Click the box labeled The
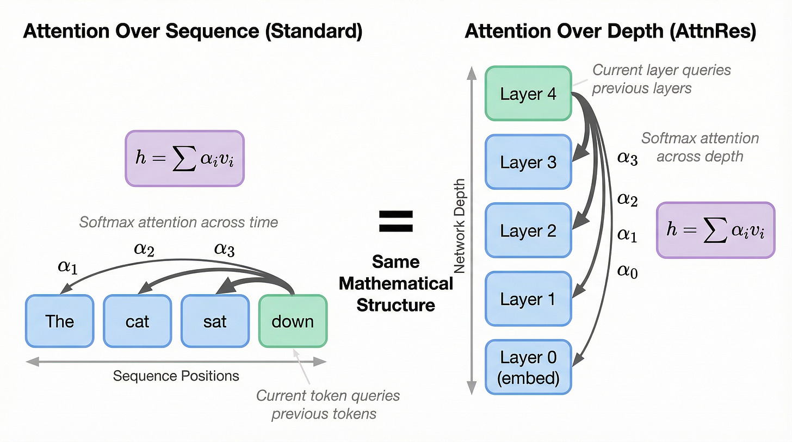pos(59,321)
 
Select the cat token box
pos(137,321)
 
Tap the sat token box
pos(215,321)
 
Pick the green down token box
pos(293,321)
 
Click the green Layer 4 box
pos(528,94)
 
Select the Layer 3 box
pos(528,162)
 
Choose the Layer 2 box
pos(528,231)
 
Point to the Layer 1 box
pos(528,299)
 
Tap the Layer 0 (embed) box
pos(528,368)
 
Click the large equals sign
pos(396,222)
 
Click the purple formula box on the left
pos(185,158)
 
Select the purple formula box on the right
pos(715,230)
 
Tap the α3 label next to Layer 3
pos(627,158)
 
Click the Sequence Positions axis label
pos(176,376)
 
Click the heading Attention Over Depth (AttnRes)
pos(610,32)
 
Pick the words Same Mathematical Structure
pos(396,283)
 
